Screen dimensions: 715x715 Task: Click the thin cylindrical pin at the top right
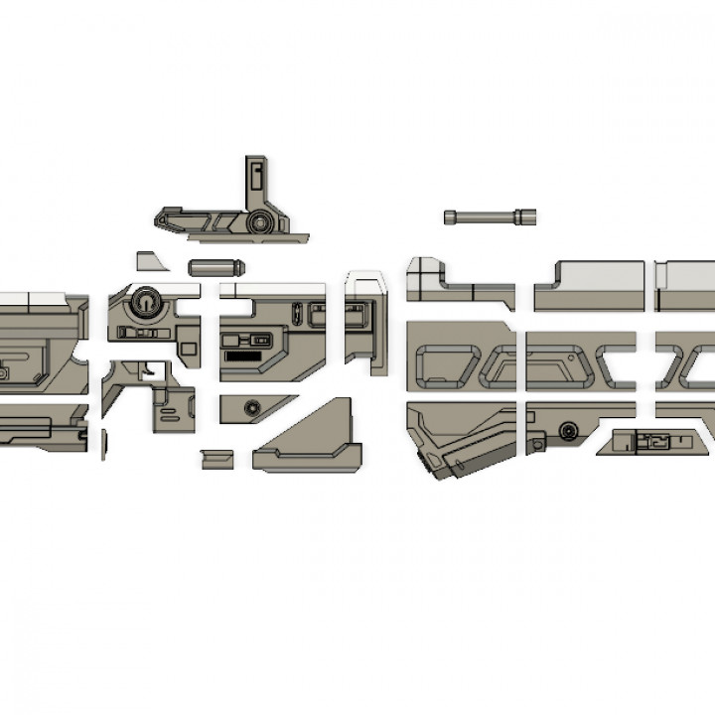pyautogui.click(x=491, y=215)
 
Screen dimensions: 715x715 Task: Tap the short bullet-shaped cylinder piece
pyautogui.click(x=215, y=267)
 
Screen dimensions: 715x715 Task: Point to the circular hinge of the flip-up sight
pyautogui.click(x=261, y=221)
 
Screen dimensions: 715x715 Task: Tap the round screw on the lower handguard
pyautogui.click(x=569, y=431)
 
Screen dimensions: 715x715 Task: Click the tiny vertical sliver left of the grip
pyautogui.click(x=103, y=444)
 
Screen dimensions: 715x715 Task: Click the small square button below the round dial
pyautogui.click(x=127, y=333)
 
